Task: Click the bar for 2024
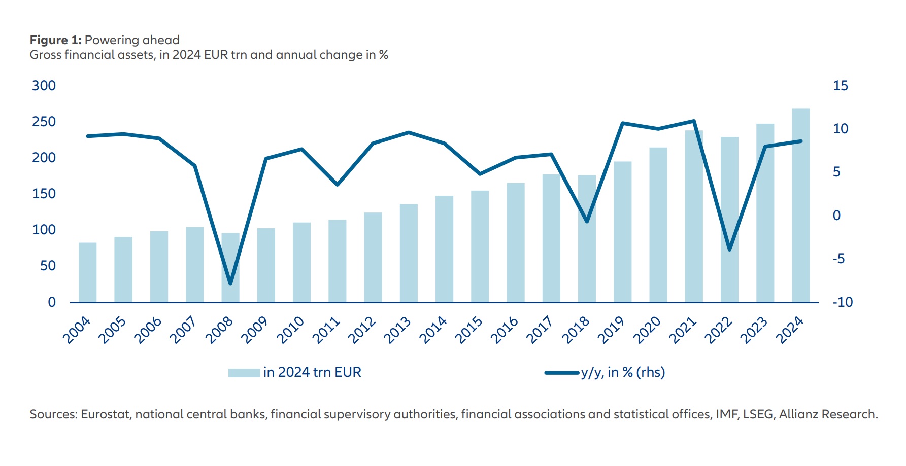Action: [800, 205]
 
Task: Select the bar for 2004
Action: [87, 272]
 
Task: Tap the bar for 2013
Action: [409, 253]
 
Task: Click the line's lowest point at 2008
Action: [230, 284]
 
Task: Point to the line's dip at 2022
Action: [729, 249]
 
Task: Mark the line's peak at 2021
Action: [694, 121]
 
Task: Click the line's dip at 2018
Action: [587, 222]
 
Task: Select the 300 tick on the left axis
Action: [44, 86]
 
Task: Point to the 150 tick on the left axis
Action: [44, 194]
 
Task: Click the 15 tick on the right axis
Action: [840, 86]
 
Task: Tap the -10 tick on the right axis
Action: [842, 302]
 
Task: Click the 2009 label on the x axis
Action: [254, 330]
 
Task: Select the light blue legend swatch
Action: [244, 373]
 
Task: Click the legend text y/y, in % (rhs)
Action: [623, 373]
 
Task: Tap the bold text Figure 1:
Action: [55, 40]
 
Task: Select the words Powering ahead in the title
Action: [132, 40]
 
